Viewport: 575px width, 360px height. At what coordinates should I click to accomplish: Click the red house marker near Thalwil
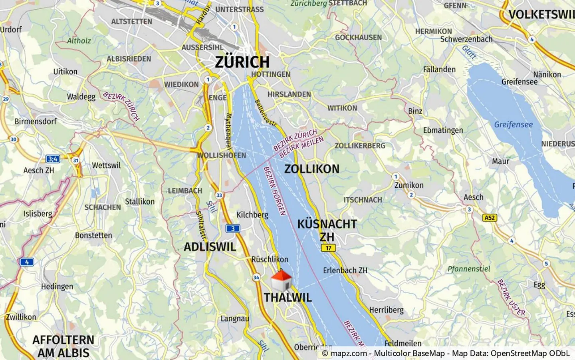click(281, 280)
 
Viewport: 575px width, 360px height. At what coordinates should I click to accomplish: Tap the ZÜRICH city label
click(242, 62)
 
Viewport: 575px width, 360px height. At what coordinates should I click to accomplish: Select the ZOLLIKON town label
click(311, 169)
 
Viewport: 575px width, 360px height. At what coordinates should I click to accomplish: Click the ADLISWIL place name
click(210, 247)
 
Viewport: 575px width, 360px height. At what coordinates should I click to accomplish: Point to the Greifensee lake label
click(513, 125)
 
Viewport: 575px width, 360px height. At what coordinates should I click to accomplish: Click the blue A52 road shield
click(490, 218)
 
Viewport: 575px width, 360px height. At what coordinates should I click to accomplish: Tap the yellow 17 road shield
click(328, 248)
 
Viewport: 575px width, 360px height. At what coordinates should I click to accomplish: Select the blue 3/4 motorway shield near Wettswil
click(53, 159)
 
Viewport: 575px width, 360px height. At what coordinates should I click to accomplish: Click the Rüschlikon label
click(270, 259)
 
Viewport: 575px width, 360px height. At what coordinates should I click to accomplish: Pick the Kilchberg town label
click(252, 215)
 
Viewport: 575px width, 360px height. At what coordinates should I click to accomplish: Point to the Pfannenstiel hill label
click(469, 269)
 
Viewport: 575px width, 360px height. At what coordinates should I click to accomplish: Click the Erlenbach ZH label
click(345, 270)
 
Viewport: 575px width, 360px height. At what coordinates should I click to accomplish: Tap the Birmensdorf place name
click(36, 121)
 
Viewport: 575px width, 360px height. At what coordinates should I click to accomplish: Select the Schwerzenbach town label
click(466, 39)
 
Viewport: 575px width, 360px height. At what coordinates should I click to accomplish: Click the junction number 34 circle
click(256, 277)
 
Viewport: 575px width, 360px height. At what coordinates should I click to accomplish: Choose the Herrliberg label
click(386, 310)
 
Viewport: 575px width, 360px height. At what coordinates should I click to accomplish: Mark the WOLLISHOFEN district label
click(222, 155)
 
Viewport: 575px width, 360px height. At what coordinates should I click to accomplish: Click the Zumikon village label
click(409, 185)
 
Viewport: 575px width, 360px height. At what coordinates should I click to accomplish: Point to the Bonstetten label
click(93, 235)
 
